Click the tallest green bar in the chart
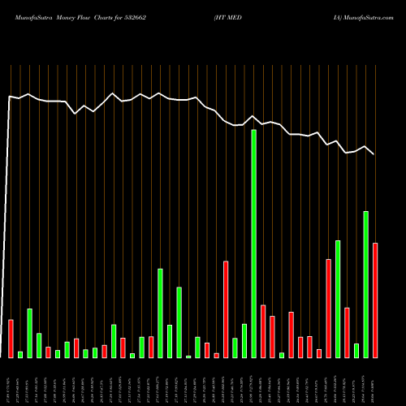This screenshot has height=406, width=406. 253,244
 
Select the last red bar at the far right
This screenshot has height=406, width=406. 375,300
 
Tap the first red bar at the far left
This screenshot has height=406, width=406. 11,339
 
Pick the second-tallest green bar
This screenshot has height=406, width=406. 365,284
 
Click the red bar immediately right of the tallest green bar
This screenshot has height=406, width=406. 263,331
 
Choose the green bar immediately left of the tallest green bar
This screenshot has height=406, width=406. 244,341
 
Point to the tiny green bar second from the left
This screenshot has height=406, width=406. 20,354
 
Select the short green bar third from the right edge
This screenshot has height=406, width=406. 356,351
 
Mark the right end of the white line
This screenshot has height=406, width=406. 374,154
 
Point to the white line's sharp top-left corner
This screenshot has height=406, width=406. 10,97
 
